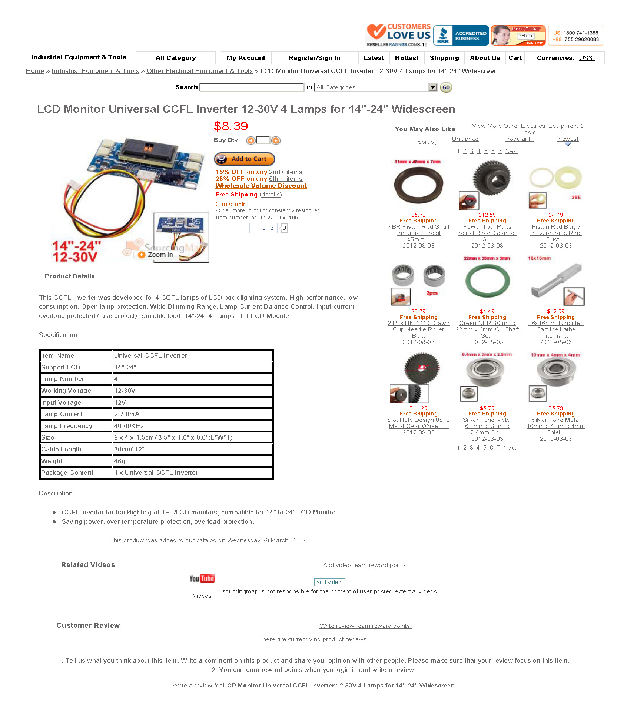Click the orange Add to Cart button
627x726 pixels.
pos(244,159)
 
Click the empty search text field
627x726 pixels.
pos(252,87)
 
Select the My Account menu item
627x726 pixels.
pos(246,58)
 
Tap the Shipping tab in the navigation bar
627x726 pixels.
pos(444,58)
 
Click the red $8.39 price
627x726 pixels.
pos(230,126)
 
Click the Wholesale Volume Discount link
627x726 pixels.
pos(261,186)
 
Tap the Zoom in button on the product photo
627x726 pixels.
pos(156,255)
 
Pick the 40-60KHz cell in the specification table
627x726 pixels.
pos(129,426)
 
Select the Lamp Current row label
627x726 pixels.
pos(62,414)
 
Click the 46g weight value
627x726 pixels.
pos(120,461)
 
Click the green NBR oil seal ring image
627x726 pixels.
pos(487,281)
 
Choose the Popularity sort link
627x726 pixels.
pos(519,139)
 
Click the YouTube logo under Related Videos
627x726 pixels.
pos(202,579)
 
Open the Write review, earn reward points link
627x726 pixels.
pos(365,626)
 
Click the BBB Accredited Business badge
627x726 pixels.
pos(461,36)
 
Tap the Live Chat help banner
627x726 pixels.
pos(518,36)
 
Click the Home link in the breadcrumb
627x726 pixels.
pos(35,71)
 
